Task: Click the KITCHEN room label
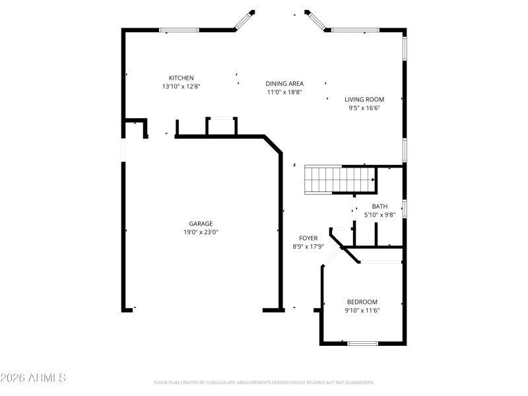181,78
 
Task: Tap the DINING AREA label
284,84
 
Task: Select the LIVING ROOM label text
364,100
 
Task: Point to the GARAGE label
201,224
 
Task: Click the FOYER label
308,238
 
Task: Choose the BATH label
379,207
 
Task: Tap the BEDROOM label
362,302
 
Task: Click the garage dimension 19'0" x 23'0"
201,232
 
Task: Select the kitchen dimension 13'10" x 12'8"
181,86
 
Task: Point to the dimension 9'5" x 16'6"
364,108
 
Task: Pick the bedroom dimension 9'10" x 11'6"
362,311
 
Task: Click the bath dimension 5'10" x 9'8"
379,215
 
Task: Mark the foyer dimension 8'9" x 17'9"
308,247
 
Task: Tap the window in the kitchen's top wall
179,30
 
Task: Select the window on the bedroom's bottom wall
362,343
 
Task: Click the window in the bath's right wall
404,208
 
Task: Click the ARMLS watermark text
33,378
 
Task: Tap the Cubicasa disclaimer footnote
264,382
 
